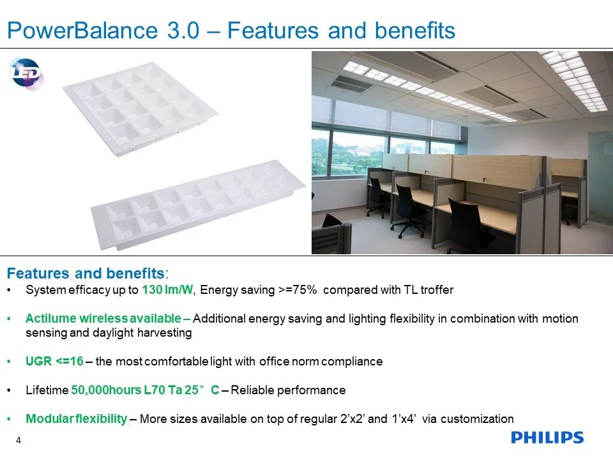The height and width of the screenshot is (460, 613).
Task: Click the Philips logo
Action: (x=547, y=438)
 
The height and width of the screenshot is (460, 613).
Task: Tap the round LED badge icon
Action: (x=26, y=73)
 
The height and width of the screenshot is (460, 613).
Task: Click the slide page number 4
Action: (x=19, y=440)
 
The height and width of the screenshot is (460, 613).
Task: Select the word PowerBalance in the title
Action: (x=82, y=30)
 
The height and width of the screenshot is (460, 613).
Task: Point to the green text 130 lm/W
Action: (x=167, y=290)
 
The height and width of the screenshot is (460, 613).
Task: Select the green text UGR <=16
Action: (x=54, y=361)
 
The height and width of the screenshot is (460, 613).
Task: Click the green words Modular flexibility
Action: (x=76, y=419)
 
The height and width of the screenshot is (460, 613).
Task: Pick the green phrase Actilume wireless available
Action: (x=103, y=318)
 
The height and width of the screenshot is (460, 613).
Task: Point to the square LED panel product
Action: (x=140, y=109)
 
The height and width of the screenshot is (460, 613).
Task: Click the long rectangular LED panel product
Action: (x=198, y=204)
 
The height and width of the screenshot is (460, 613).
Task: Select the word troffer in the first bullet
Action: (x=437, y=290)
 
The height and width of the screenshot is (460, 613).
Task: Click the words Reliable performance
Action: (x=288, y=390)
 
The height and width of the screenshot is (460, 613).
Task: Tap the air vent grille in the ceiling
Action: (x=352, y=83)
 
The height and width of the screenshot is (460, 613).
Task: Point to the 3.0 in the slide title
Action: (x=183, y=30)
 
